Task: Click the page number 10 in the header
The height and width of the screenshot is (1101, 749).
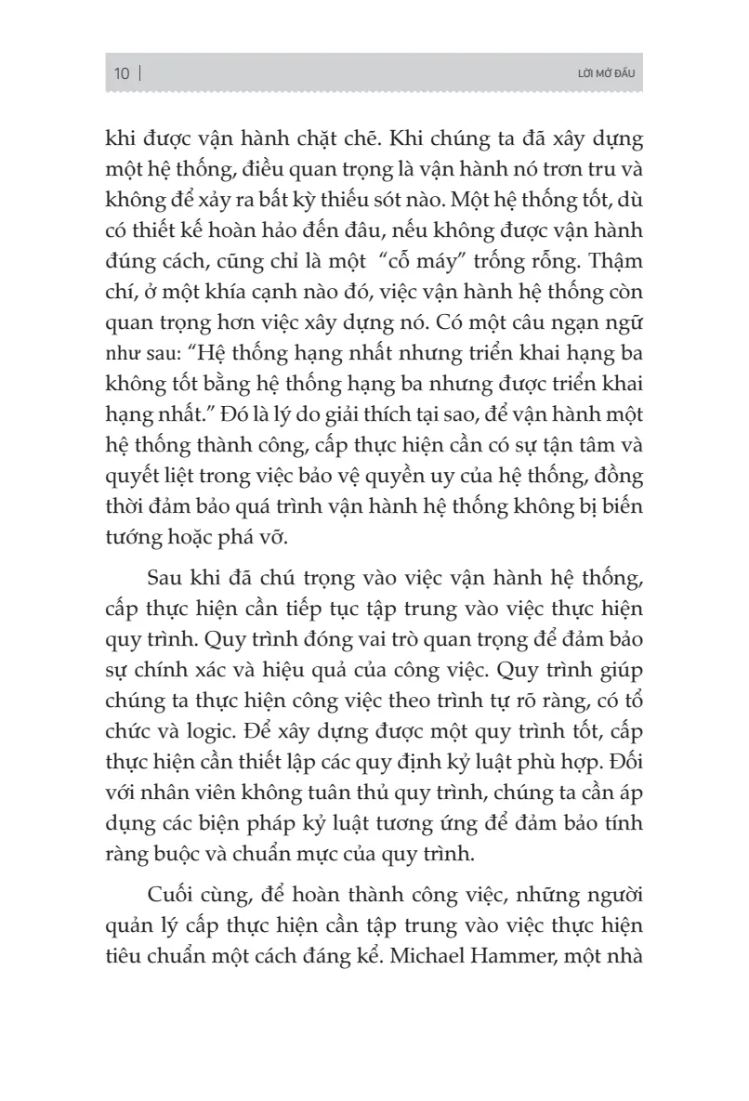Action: pyautogui.click(x=122, y=74)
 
